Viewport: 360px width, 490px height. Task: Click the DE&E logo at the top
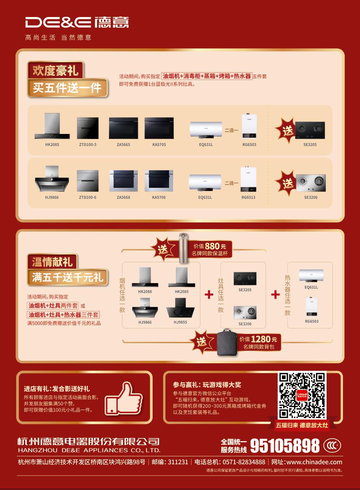click(77, 22)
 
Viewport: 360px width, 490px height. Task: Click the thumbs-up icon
click(123, 399)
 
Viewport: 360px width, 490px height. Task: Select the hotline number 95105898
click(285, 446)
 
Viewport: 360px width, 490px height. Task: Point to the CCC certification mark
click(332, 445)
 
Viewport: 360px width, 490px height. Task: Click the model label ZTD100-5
click(88, 144)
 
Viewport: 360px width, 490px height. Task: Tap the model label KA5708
click(159, 197)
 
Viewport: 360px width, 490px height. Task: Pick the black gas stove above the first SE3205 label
click(310, 130)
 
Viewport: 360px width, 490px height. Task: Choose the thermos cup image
click(183, 248)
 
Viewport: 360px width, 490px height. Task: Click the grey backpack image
click(227, 342)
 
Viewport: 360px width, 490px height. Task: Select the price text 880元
click(216, 246)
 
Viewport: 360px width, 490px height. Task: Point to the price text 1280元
click(264, 339)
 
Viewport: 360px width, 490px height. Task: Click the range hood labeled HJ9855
click(180, 308)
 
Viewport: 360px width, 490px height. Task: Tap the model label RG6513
click(249, 197)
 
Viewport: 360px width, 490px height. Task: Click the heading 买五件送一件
click(67, 88)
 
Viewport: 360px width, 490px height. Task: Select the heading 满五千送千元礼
click(68, 277)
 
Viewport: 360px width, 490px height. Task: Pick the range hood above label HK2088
click(145, 277)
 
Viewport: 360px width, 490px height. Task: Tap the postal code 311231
click(178, 462)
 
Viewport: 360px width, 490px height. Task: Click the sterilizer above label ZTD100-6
click(87, 181)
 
